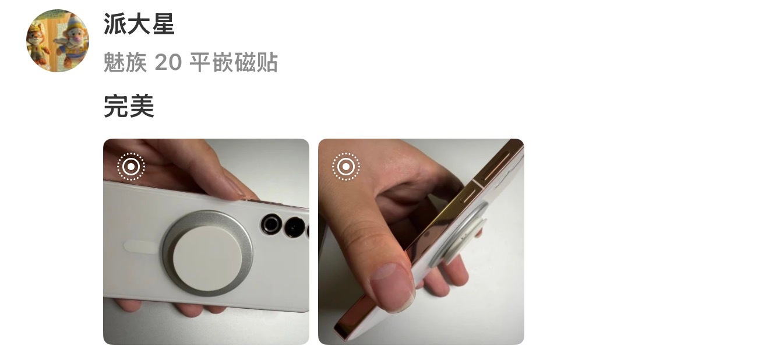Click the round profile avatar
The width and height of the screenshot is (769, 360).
click(58, 41)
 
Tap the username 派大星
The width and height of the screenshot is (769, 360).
click(139, 24)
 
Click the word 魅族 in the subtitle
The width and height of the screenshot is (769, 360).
click(125, 62)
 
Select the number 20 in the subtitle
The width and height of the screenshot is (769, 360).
click(168, 62)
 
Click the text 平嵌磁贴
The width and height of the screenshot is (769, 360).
click(234, 62)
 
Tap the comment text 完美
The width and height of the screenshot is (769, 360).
click(129, 106)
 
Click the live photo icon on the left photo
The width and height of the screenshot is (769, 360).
click(131, 167)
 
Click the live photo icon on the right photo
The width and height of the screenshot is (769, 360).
click(346, 167)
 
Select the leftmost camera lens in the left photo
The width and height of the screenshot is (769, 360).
click(271, 224)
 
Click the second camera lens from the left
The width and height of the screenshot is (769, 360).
click(294, 227)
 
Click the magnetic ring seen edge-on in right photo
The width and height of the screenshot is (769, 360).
click(460, 234)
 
